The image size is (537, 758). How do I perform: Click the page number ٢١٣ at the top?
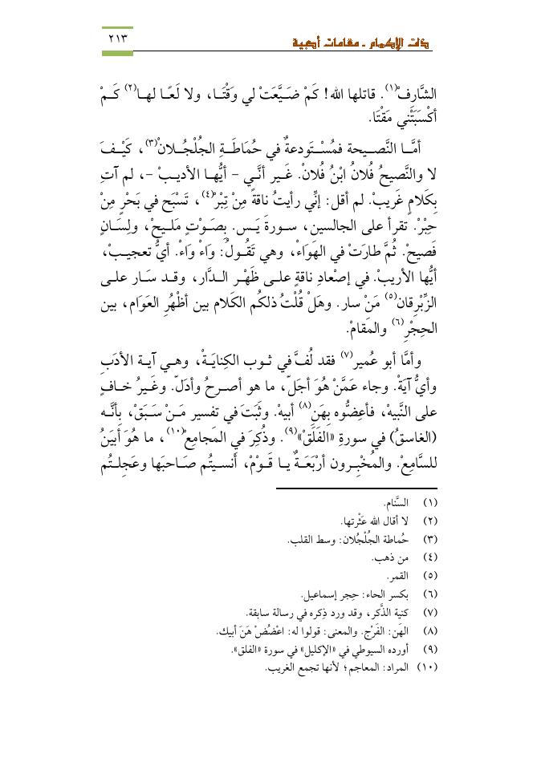(116, 38)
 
